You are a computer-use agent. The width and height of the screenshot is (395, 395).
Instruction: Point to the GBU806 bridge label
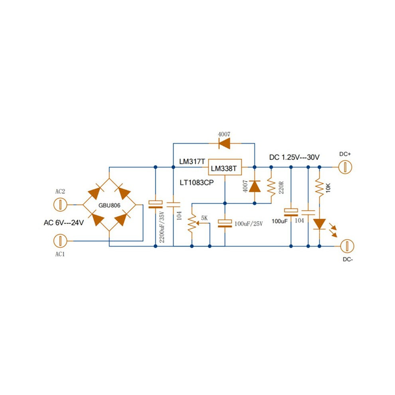pyautogui.click(x=109, y=205)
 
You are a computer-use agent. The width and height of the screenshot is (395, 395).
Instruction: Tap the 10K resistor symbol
pyautogui.click(x=320, y=187)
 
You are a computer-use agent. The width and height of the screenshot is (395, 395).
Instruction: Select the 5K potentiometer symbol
pyautogui.click(x=192, y=223)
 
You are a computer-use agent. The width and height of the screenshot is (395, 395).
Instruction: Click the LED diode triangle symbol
pyautogui.click(x=320, y=224)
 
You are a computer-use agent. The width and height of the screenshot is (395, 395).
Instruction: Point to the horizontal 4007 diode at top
pyautogui.click(x=224, y=144)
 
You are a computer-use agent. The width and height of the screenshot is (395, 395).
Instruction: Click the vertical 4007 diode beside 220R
pyautogui.click(x=255, y=186)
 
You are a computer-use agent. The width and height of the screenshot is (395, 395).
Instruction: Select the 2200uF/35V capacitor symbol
pyautogui.click(x=156, y=204)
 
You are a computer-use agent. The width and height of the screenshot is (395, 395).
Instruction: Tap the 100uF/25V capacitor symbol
pyautogui.click(x=225, y=223)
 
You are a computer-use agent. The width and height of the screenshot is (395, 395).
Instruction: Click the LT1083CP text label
pyautogui.click(x=196, y=183)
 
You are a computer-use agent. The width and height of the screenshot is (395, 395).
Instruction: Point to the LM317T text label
pyautogui.click(x=192, y=162)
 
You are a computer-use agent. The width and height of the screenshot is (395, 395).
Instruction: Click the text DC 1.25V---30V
pyautogui.click(x=294, y=158)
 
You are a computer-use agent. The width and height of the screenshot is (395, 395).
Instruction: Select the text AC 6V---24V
pyautogui.click(x=64, y=223)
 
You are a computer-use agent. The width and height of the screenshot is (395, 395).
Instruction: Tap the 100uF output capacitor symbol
pyautogui.click(x=291, y=212)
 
